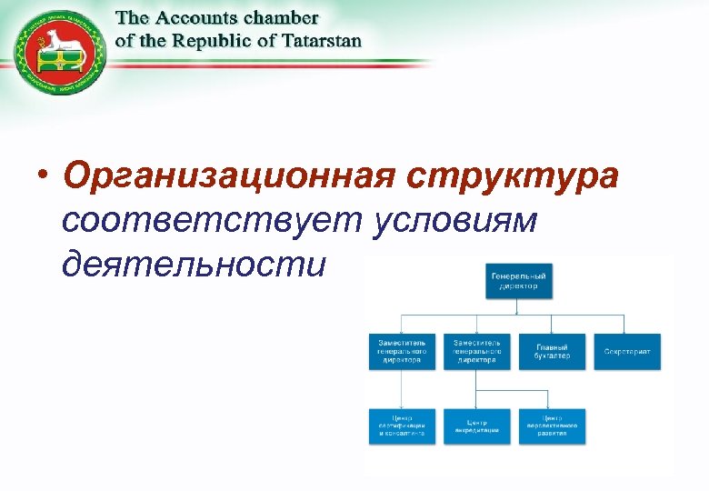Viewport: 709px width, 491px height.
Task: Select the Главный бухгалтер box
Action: pos(552,352)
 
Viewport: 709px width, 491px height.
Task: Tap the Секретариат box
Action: pos(627,352)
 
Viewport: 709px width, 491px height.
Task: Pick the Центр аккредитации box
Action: pos(476,426)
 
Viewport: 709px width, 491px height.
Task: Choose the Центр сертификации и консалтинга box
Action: pos(401,426)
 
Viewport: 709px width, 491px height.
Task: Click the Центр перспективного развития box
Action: pos(552,426)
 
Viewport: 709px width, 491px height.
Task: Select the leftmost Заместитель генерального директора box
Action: pos(401,352)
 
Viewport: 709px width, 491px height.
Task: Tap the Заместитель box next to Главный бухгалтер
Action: pos(476,352)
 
